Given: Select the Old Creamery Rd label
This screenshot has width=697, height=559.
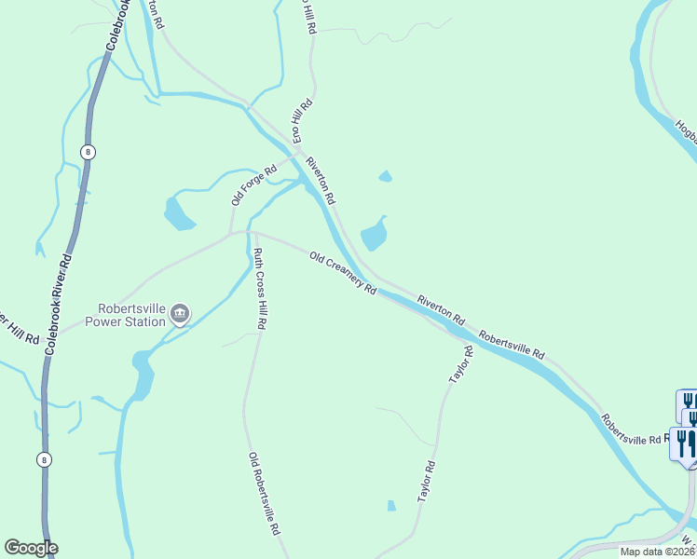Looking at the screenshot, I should [x=343, y=272].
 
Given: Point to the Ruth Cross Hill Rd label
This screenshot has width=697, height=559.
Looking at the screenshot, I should [x=261, y=289].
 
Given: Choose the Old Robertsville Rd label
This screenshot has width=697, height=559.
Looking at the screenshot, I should [x=264, y=493].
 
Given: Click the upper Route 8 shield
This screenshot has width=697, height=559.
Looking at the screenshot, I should [x=88, y=152].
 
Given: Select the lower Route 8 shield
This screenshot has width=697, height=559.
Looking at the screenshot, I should [x=44, y=459].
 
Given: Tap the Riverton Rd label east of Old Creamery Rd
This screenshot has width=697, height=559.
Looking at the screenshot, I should [x=441, y=308].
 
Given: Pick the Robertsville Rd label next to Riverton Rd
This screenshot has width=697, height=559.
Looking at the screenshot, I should [x=512, y=343].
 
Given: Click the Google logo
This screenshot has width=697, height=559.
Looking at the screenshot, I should [x=31, y=548].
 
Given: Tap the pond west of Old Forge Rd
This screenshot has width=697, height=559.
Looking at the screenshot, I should [x=178, y=213].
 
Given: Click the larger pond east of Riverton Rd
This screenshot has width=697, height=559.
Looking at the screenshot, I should [x=374, y=234].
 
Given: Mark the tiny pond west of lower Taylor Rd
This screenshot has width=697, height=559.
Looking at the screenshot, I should [x=391, y=506].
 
